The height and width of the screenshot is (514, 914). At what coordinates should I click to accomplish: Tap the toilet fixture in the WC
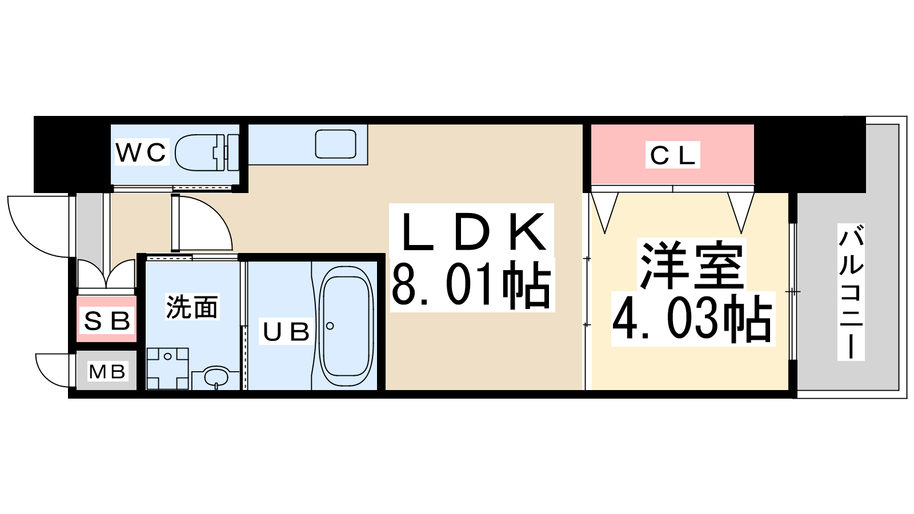coord(207,152)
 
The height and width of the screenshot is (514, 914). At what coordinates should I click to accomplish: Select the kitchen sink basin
coord(335,144)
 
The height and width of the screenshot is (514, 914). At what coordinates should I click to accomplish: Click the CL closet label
coord(672,155)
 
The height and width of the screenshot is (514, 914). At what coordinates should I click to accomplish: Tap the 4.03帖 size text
coord(692,319)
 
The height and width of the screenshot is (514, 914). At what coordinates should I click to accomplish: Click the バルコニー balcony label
coord(851,292)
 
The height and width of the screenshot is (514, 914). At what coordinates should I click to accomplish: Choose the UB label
coord(286,331)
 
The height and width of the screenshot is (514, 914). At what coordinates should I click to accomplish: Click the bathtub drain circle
coord(330,326)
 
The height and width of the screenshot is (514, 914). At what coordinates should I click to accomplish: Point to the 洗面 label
coord(192,307)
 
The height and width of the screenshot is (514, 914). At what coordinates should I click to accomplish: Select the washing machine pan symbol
coord(168,368)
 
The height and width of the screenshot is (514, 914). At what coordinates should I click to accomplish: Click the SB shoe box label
coord(106,320)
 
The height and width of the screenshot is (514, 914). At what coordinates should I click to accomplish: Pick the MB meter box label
coord(107,372)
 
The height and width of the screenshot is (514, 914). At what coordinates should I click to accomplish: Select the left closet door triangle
coord(605,212)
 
